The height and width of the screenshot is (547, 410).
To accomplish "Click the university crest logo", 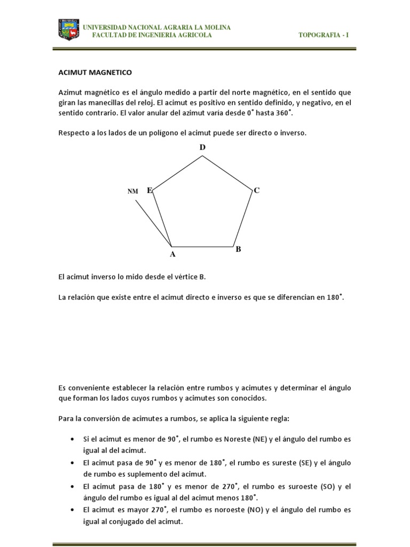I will coord(68,30).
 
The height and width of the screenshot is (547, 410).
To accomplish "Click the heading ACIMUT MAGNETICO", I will coord(95,72).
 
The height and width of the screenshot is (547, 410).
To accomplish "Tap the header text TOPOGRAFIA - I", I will coord(324,35).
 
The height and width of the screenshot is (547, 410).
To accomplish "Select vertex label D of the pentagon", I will coord(202,147).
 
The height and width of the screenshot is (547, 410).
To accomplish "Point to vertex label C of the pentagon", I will coord(256,190).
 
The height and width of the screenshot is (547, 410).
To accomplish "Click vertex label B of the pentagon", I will coord(239,249).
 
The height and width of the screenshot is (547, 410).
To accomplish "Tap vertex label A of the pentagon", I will coord(172,255).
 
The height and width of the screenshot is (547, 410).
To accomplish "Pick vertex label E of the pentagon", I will coord(149,190).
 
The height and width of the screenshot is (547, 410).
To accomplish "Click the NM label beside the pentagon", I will coord(132,191).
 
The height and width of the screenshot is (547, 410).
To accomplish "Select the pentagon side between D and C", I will coord(227,173).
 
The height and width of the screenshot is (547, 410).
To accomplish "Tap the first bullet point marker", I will coord(72,439).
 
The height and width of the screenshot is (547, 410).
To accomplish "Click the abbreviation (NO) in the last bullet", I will coord(257,510).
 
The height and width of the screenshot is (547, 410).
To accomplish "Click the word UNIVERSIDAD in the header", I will coord(107,27).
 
